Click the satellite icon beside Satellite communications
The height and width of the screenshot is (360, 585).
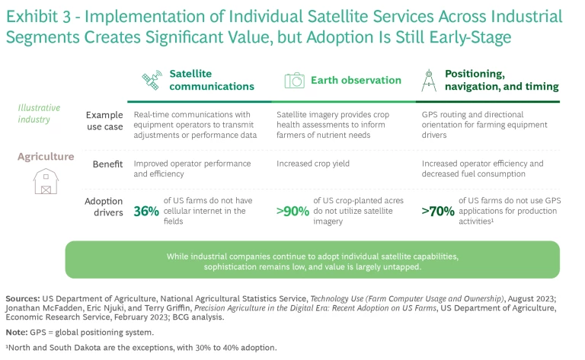coord(152,80)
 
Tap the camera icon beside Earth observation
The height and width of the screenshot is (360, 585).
coord(294,80)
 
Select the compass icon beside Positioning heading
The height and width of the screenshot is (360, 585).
coord(430,80)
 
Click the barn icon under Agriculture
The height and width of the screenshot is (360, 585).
coord(46,180)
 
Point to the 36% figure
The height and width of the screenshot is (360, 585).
coord(147,211)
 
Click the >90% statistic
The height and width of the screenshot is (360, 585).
coord(292,211)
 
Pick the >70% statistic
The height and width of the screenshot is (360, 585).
coord(438,211)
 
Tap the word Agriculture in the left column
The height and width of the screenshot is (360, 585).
coord(46,157)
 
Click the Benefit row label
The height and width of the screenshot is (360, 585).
coord(107,164)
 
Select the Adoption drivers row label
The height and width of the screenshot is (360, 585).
coord(103,207)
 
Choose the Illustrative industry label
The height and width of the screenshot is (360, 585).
coord(39,113)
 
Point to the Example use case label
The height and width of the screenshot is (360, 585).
coord(104,120)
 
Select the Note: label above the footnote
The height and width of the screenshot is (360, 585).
coord(18,333)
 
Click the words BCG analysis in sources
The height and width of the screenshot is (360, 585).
coord(206,317)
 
